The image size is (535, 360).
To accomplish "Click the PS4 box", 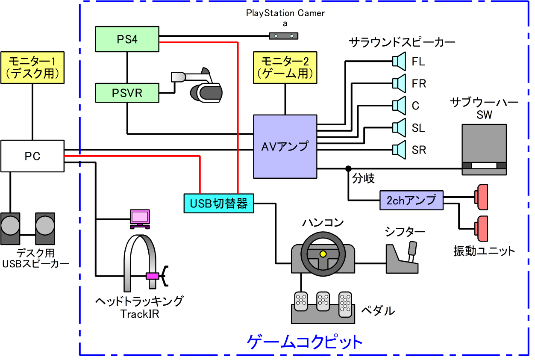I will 127,39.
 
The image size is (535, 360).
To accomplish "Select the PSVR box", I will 127,93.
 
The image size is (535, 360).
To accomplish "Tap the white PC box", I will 32,156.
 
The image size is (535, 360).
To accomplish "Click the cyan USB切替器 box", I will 218,203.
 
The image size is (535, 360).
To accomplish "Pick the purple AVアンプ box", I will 285,146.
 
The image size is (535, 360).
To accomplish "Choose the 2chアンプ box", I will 411,200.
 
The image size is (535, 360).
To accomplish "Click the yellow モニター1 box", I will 33,67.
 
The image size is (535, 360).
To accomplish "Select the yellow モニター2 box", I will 285,67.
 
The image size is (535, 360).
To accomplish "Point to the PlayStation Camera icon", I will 283,36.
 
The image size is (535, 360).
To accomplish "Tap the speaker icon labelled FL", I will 400,61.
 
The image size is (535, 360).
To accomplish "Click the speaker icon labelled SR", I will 400,149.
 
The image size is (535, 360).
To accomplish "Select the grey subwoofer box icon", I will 484,149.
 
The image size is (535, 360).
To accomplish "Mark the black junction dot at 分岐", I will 348,168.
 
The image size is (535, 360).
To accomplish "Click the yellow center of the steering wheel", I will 323,254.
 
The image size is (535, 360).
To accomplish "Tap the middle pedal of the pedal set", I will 322,304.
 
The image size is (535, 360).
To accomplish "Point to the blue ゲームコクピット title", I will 305,342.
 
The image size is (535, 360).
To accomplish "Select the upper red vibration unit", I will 482,197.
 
